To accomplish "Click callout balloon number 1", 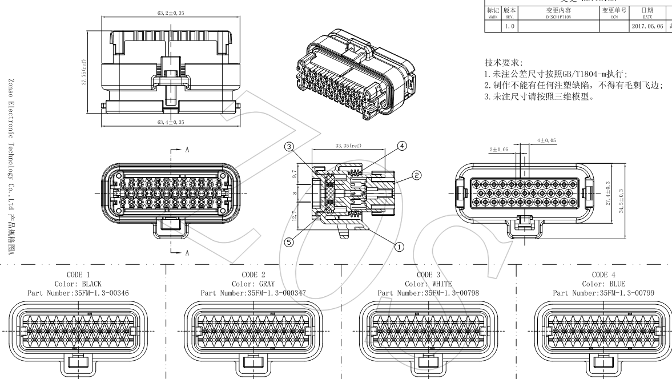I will (x=399, y=246).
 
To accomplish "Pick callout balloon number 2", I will (x=417, y=174).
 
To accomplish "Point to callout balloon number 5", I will (x=289, y=242).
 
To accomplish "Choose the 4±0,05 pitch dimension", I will (x=547, y=140).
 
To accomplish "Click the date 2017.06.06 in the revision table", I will (x=649, y=27).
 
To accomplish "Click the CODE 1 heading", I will (x=78, y=275).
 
